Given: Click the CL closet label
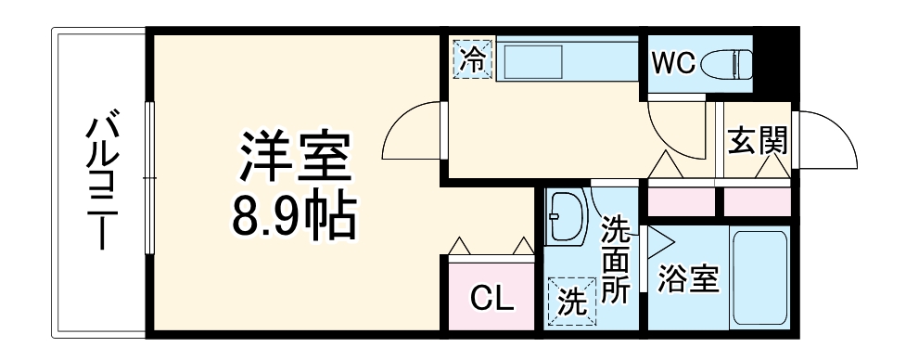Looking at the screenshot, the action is coord(491,299).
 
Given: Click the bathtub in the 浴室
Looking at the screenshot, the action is coord(760,276).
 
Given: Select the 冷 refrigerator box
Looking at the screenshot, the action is coord(473,60).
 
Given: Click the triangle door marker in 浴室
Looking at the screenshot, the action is coord(659,243).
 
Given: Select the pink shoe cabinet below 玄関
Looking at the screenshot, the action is coord(756,200).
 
